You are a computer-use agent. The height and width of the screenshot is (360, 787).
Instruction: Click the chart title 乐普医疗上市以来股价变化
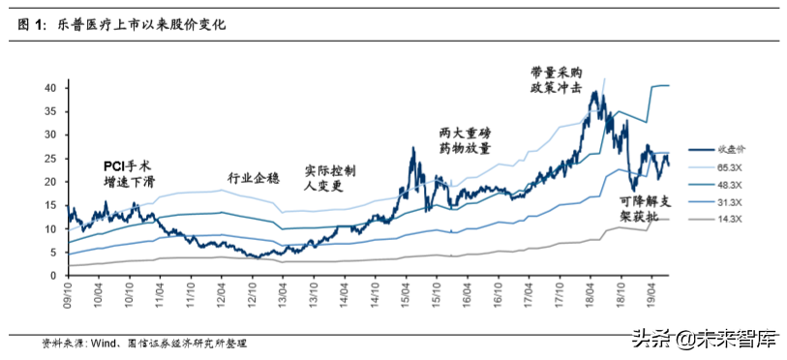[135, 26]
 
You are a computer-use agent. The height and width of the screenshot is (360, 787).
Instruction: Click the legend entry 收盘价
[732, 148]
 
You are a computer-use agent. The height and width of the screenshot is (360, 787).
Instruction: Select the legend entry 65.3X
[731, 166]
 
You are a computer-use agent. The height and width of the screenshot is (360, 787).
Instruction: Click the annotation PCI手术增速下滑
[131, 173]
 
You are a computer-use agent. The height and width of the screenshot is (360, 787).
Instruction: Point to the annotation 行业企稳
[255, 178]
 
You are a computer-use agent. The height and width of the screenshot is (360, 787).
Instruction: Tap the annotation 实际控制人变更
[330, 178]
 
